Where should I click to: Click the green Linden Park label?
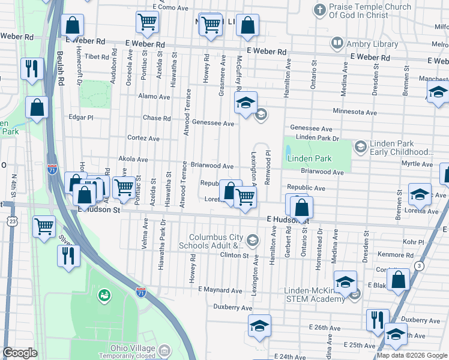click(x=309, y=158)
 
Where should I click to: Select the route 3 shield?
click(x=419, y=266)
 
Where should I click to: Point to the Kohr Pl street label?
click(x=414, y=242)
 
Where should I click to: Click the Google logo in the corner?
click(x=20, y=353)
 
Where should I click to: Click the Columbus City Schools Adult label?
click(x=217, y=241)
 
